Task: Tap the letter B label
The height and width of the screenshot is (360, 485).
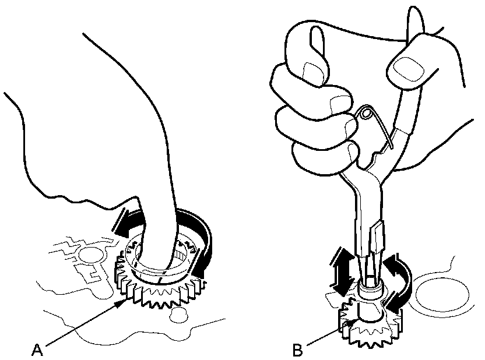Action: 297,351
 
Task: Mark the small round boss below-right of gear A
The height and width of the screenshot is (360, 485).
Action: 178,316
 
